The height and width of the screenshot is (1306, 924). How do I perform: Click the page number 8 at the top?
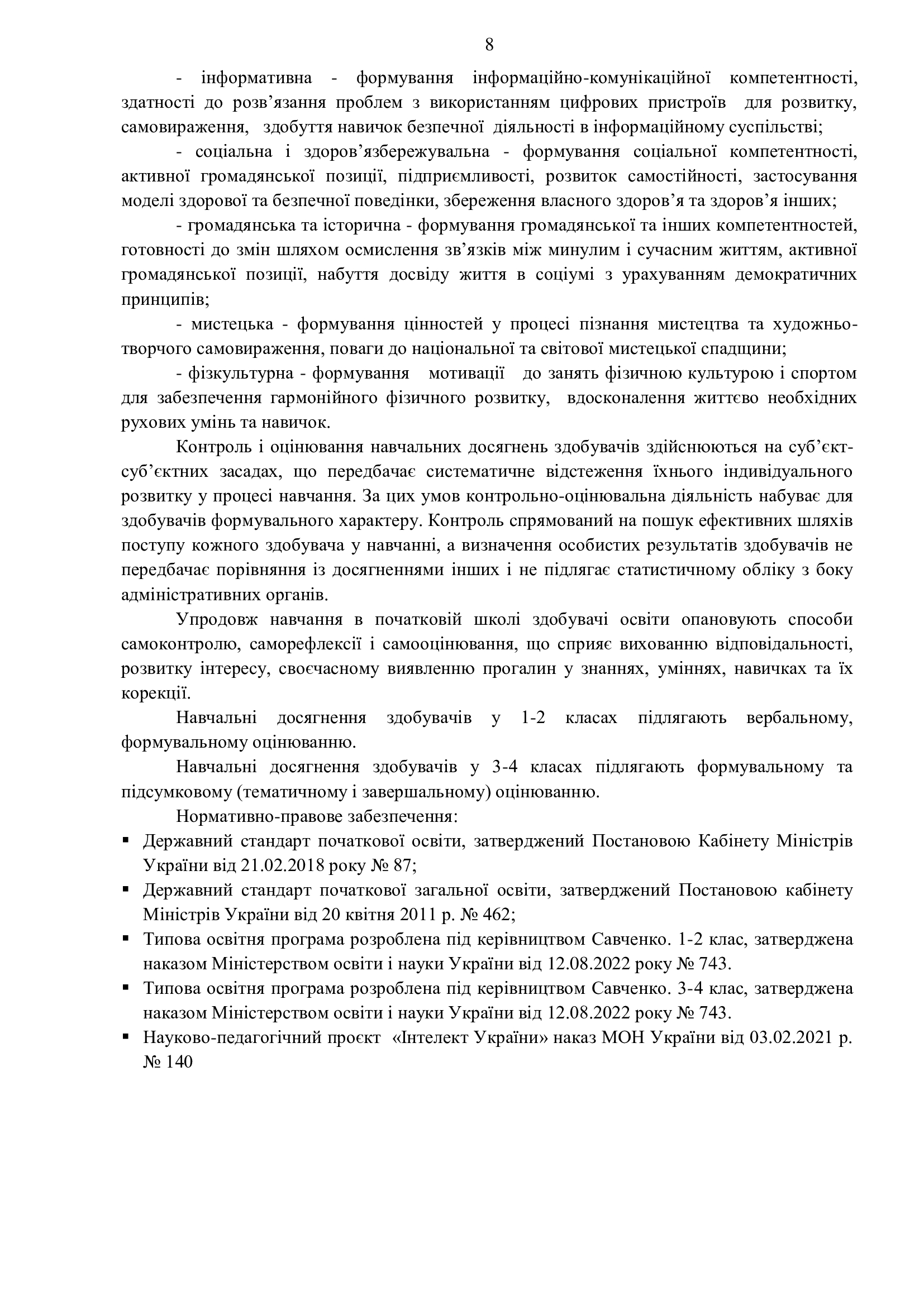pos(489,44)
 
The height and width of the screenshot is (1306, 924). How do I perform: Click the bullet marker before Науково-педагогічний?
pos(125,1037)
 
